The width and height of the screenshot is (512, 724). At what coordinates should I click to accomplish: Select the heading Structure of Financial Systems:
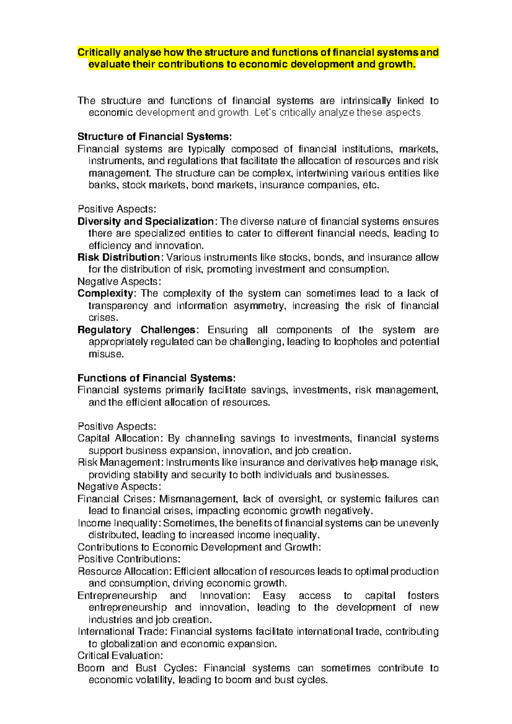pos(154,137)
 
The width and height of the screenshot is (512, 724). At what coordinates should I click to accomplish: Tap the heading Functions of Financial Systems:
pos(156,378)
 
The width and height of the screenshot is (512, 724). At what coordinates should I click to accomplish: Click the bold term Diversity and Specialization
pos(145,222)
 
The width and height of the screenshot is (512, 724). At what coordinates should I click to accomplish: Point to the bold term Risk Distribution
pos(118,258)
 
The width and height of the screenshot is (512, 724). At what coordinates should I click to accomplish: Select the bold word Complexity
pos(105,294)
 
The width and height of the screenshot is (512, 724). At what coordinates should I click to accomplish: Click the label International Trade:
pos(122,631)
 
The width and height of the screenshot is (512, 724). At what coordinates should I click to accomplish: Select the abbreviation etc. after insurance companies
pos(370,185)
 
